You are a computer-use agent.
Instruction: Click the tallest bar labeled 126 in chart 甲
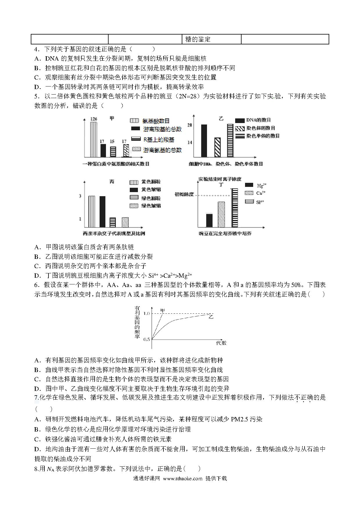pyautogui.click(x=93, y=139)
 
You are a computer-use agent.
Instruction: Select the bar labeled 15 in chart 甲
pyautogui.click(x=113, y=151)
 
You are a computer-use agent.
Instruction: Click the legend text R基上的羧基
pyautogui.click(x=159, y=140)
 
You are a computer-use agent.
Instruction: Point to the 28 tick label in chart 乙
pyautogui.click(x=190, y=125)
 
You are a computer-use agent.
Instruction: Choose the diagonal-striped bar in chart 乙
pyautogui.click(x=217, y=147)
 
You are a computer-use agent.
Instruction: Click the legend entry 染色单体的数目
pyautogui.click(x=263, y=136)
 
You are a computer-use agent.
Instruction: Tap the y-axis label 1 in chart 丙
pyautogui.click(x=80, y=219)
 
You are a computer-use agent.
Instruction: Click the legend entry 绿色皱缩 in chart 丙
pyautogui.click(x=151, y=206)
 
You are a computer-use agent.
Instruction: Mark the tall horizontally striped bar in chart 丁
pyautogui.click(x=235, y=207)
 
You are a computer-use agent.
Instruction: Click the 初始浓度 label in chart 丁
pyautogui.click(x=184, y=194)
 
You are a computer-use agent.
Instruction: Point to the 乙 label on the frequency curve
pyautogui.click(x=211, y=317)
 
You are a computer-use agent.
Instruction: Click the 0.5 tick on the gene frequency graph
pyautogui.click(x=147, y=339)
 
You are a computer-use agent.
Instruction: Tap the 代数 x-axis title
pyautogui.click(x=221, y=343)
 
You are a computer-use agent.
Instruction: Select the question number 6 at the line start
pyautogui.click(x=36, y=285)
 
